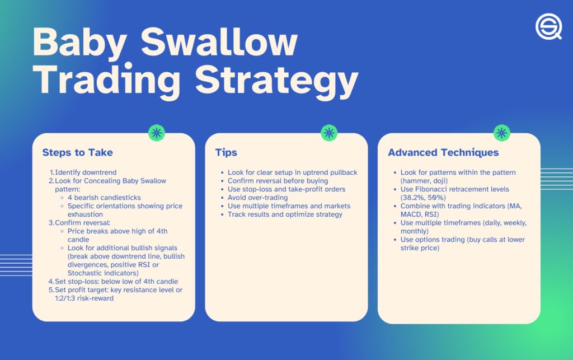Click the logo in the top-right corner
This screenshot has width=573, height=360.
[548, 26]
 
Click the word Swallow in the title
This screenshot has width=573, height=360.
[219, 43]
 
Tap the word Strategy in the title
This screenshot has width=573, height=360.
[276, 81]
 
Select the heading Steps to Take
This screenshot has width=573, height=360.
[77, 152]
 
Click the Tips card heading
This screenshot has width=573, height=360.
[226, 152]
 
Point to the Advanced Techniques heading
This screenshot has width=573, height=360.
[443, 152]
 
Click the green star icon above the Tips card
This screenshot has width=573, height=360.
[329, 133]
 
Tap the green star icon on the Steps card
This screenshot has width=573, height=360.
[157, 133]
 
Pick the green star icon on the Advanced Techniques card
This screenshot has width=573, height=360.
[502, 133]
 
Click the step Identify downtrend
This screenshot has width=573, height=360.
[86, 172]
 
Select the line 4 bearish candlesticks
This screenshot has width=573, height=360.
[104, 198]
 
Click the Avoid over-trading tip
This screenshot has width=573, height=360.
[257, 198]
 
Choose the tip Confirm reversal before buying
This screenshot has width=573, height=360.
[278, 181]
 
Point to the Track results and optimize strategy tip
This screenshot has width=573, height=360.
[285, 214]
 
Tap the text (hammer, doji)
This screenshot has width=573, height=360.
[424, 181]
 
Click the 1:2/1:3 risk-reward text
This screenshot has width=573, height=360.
[84, 298]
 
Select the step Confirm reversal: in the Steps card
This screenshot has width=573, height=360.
[82, 223]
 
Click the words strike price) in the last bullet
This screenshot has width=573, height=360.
[420, 248]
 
